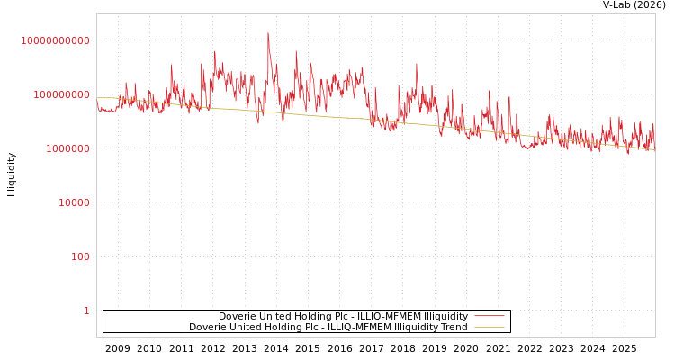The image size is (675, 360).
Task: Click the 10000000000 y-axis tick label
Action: (55, 40)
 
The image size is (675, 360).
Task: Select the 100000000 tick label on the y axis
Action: (60, 94)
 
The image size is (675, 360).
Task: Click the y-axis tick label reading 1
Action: (86, 310)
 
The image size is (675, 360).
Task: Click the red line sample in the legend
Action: (489, 316)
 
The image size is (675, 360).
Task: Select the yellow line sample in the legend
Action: (489, 328)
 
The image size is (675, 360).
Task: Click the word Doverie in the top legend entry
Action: (238, 316)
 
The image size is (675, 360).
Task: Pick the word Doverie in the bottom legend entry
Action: (208, 328)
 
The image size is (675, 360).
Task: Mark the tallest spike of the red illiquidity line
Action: (267, 34)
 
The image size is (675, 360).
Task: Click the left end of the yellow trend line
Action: (98, 98)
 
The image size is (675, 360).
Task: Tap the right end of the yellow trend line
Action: (653, 149)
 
